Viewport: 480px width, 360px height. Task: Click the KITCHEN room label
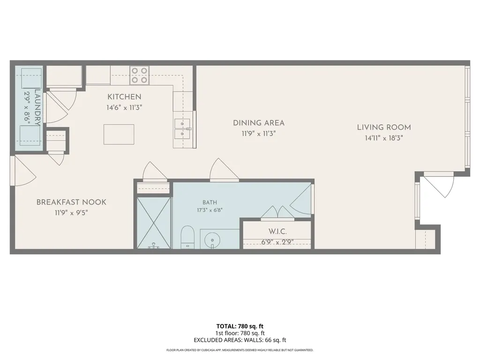124,97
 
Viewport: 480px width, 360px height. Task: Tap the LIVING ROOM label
384,127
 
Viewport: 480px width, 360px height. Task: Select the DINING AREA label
259,123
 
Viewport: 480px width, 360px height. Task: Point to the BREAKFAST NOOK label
71,202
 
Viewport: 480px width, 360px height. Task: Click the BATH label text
210,202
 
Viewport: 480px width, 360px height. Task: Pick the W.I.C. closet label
277,232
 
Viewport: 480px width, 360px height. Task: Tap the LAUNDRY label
38,107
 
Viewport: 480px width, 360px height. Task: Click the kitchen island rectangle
119,135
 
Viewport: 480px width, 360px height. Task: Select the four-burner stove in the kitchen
139,75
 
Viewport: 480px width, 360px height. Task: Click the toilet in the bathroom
187,237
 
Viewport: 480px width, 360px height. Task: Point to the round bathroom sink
212,239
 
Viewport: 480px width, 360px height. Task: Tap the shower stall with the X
154,223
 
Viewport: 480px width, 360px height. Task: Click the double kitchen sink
182,129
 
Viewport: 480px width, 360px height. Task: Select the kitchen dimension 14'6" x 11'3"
124,108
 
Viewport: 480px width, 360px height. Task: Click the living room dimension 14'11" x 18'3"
384,138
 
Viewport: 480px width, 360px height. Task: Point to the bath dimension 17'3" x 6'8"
210,210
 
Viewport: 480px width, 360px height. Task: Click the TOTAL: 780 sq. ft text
240,326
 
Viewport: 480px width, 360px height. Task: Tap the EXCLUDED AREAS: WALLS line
240,340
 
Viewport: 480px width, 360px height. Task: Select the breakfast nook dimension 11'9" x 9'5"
71,213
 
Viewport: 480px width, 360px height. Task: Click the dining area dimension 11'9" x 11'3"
259,134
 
